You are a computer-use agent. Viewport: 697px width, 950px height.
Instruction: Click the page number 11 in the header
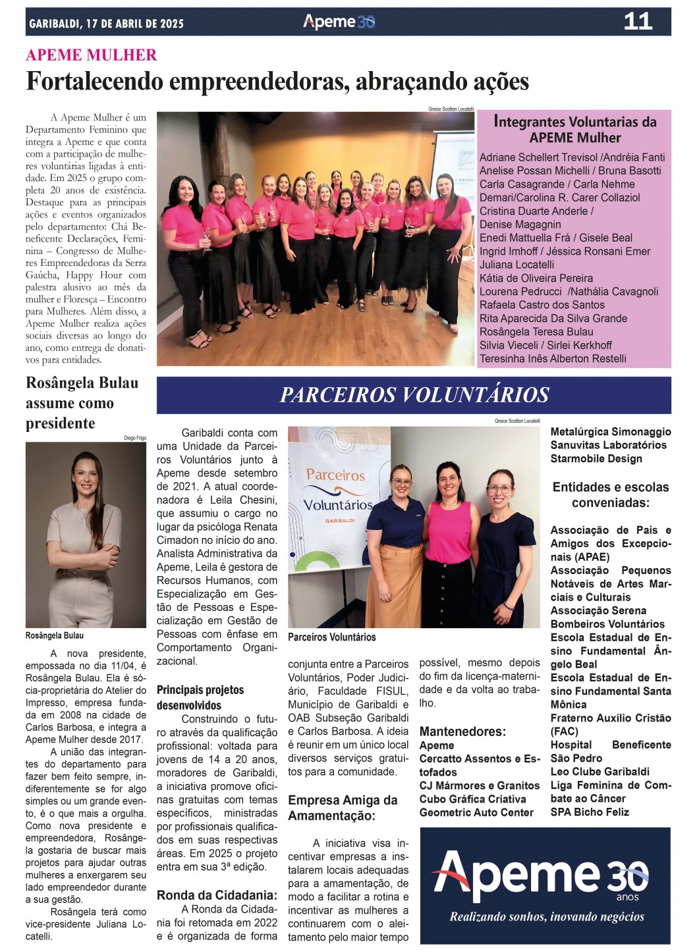point(637,21)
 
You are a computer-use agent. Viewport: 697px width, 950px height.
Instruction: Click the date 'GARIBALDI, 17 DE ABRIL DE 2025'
point(107,24)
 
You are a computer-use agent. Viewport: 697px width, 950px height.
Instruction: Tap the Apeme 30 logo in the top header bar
point(339,22)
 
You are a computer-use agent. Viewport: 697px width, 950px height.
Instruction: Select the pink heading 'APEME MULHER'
point(92,55)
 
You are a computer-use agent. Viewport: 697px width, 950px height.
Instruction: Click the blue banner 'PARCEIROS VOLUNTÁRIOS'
point(414,394)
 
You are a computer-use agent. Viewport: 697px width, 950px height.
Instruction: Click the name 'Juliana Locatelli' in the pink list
point(516,265)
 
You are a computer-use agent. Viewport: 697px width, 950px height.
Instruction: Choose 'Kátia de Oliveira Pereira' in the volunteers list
point(536,278)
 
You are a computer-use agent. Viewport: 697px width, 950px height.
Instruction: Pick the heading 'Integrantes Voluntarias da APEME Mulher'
point(574,129)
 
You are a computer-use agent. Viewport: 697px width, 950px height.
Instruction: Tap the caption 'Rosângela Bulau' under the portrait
point(55,635)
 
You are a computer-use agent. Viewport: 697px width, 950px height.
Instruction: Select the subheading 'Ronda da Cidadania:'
point(217,895)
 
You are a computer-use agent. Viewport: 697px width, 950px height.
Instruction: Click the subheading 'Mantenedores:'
point(462,731)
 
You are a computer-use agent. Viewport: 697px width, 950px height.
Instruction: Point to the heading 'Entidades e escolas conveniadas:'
point(610,494)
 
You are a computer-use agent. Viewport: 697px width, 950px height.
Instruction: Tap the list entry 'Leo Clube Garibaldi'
point(599,772)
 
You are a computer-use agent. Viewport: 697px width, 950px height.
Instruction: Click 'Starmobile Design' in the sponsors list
point(596,458)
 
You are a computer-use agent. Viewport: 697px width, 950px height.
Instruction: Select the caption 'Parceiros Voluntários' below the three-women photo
point(331,637)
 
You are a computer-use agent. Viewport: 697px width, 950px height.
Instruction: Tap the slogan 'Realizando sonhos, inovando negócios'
point(546,916)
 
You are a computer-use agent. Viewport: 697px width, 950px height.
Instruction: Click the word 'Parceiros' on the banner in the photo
point(335,475)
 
